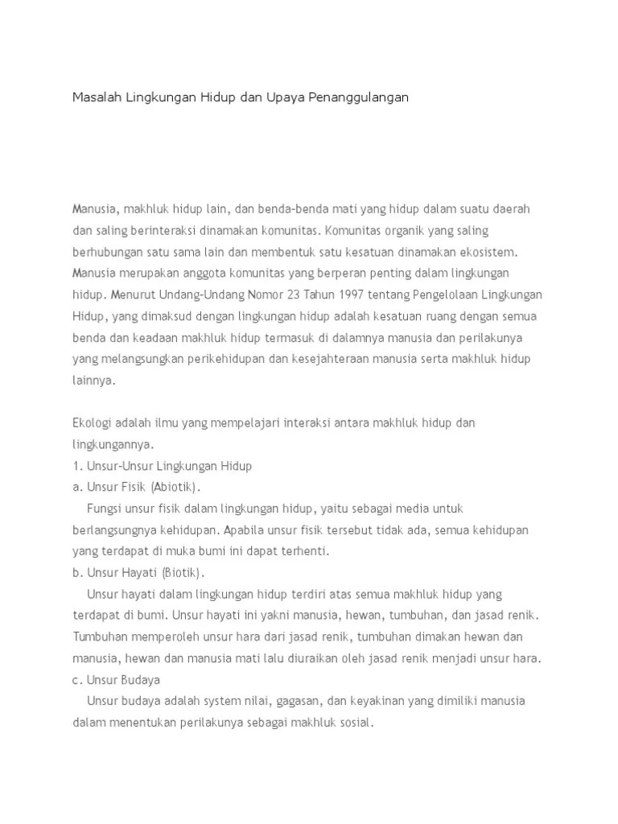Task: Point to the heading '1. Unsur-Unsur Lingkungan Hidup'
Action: pos(163,466)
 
